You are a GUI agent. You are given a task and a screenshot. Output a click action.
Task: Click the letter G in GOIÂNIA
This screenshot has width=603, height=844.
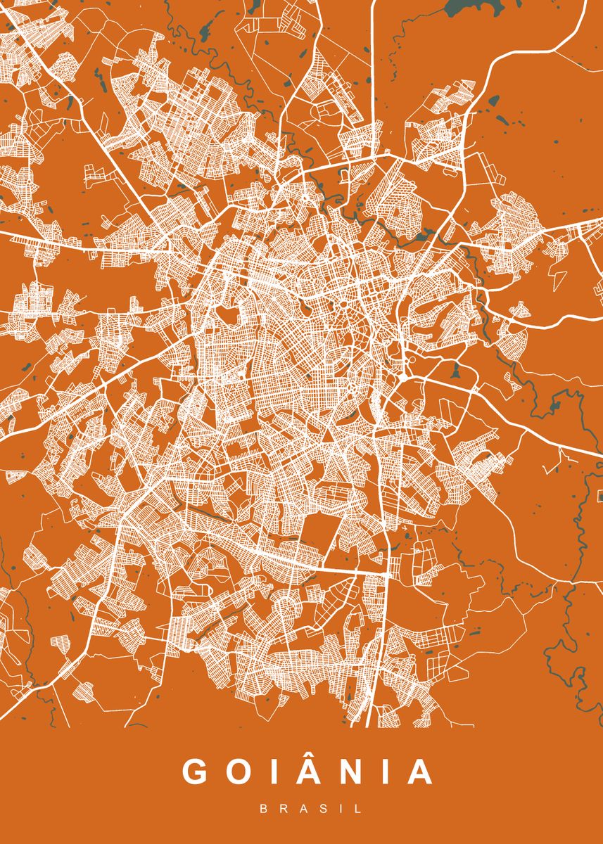[196, 772]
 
